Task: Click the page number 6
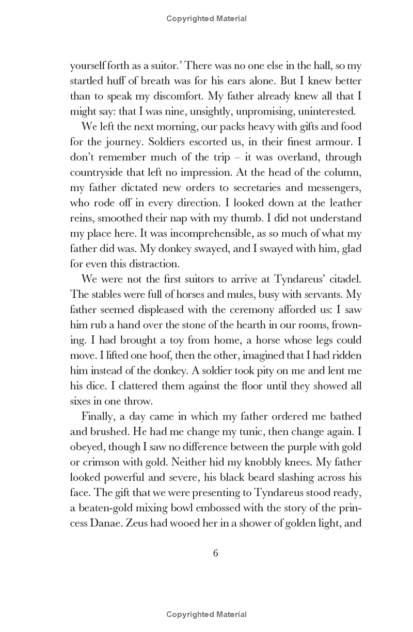(216, 553)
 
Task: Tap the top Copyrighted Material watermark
(206, 19)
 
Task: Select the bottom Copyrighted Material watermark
(206, 614)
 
